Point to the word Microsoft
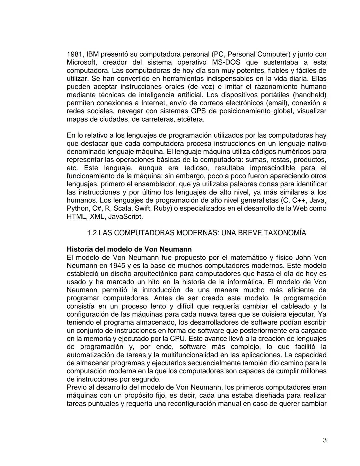point(82,62)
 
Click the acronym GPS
point(199,111)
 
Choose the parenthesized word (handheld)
point(309,95)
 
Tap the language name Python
point(77,209)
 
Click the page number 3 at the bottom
point(325,440)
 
